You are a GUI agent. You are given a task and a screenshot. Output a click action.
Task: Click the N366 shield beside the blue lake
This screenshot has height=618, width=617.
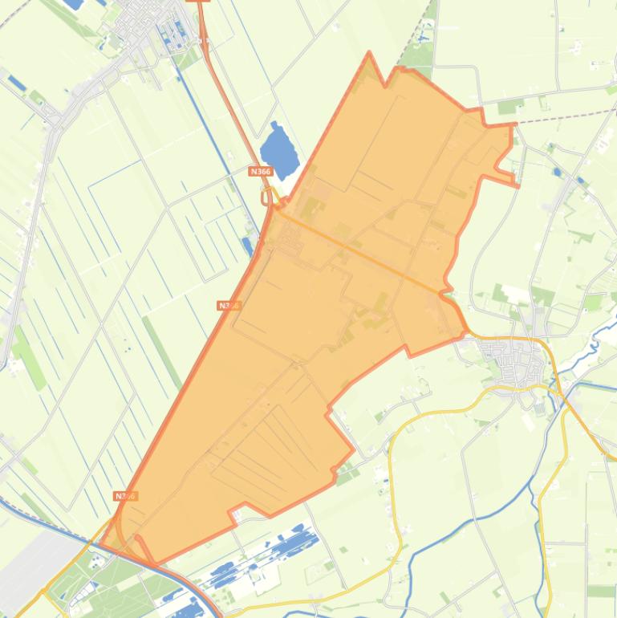tap(260, 171)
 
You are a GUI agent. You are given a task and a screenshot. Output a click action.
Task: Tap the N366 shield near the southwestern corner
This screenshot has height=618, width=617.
tap(125, 496)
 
